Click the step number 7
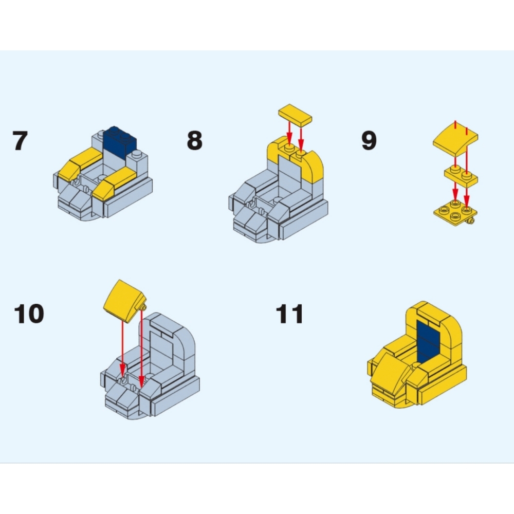click(x=20, y=141)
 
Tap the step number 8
click(x=195, y=140)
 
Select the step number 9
click(x=369, y=140)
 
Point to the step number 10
click(x=29, y=314)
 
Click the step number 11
click(x=290, y=314)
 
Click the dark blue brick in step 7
click(x=120, y=142)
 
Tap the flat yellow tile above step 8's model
click(x=295, y=115)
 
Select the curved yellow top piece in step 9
click(x=455, y=139)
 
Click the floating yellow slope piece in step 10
click(x=124, y=301)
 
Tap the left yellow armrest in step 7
click(x=80, y=163)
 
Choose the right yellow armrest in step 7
click(x=115, y=183)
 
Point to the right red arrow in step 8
click(x=301, y=139)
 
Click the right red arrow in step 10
click(x=141, y=348)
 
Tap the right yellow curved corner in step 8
click(x=312, y=167)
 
